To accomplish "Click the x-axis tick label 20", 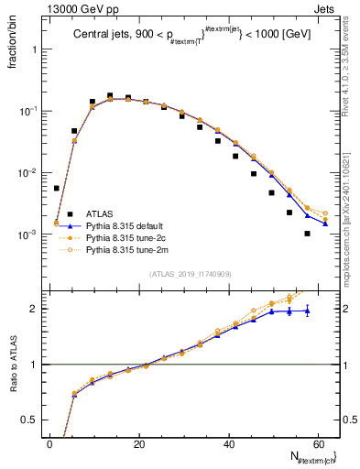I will (138, 444).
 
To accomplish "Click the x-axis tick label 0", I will (50, 444).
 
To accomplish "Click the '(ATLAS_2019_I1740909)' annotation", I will (191, 274).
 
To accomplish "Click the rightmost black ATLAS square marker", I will (307, 234).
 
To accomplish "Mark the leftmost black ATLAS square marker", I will (56, 188).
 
